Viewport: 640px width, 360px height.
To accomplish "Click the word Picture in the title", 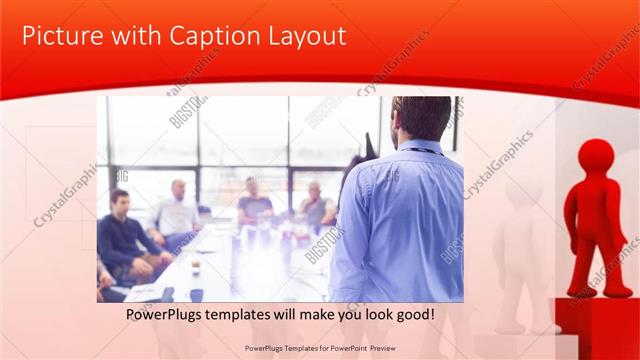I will (61, 37).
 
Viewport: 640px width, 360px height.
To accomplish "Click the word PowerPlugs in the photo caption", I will (166, 314).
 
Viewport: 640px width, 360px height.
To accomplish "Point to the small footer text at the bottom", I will (319, 349).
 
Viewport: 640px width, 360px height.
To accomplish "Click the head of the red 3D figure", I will (597, 157).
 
